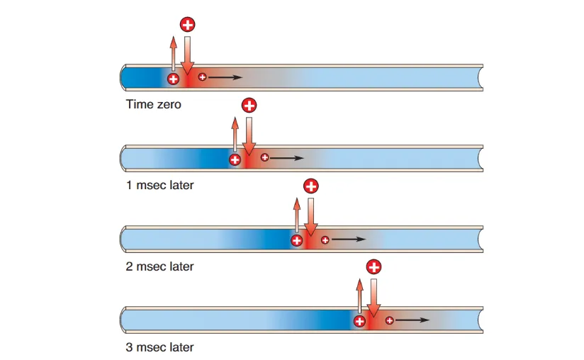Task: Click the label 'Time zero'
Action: pos(153,105)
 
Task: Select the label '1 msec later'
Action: pos(159,186)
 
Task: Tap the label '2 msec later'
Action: pos(159,267)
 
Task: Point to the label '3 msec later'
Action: pos(159,348)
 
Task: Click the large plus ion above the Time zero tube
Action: pos(187,25)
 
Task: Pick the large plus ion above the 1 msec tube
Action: pos(249,106)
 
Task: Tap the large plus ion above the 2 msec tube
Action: pos(310,186)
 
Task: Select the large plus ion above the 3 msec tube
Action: pos(373,267)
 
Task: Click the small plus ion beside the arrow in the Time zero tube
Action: pos(203,77)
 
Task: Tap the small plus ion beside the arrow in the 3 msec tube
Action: pos(389,320)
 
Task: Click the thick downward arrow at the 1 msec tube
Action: pos(249,135)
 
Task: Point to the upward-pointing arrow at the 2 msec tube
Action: pos(296,215)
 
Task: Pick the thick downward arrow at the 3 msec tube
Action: pos(373,297)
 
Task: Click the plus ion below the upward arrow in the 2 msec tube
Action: pos(296,241)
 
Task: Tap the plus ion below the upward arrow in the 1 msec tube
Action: pos(235,159)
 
